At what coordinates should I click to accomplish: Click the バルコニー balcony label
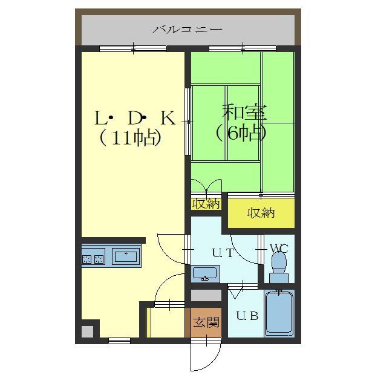(187, 28)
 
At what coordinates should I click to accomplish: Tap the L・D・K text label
(134, 118)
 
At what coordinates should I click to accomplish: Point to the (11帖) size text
(130, 139)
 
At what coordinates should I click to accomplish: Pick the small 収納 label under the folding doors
(206, 204)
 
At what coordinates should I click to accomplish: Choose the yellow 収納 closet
(261, 212)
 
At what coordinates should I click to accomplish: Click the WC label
(278, 248)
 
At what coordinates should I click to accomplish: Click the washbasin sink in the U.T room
(206, 275)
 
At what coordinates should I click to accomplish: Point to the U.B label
(247, 315)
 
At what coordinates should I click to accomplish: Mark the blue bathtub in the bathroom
(279, 314)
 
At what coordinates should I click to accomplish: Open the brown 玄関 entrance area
(206, 322)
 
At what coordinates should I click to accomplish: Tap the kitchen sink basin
(126, 256)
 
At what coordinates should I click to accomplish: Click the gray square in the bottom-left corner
(87, 331)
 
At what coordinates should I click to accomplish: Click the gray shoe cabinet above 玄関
(206, 296)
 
